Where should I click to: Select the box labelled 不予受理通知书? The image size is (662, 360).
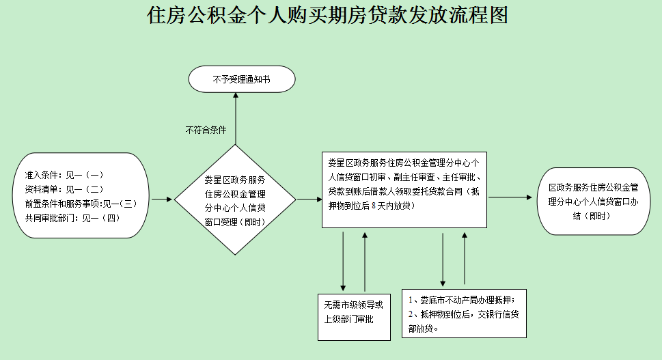pos(242,80)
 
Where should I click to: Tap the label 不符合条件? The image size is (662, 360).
pos(206,130)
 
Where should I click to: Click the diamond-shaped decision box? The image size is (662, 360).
pos(235,199)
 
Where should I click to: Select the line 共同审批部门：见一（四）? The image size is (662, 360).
pos(72,218)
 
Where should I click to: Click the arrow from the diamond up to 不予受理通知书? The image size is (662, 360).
pos(235,119)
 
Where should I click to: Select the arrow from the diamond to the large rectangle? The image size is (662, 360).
pos(309,200)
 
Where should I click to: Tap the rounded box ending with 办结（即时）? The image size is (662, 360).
pos(594,201)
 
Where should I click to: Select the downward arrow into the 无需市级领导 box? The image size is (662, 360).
pos(343,260)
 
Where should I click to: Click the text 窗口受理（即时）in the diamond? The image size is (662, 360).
pos(235,222)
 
